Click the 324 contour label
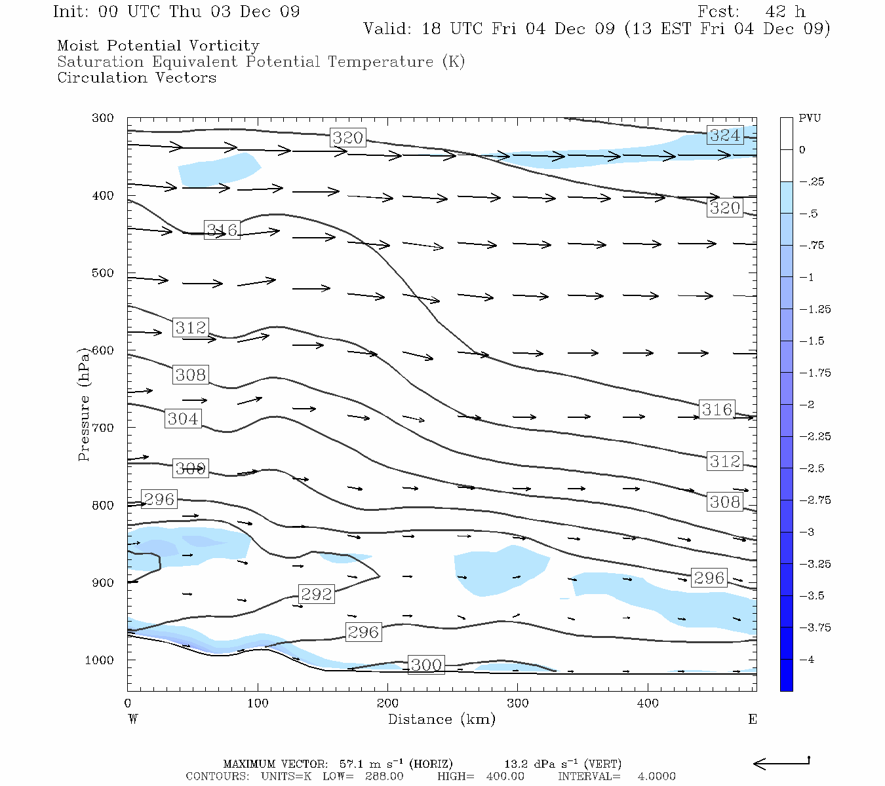point(724,136)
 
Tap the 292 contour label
point(317,594)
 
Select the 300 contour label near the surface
point(426,665)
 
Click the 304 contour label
point(183,419)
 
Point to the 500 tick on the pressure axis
point(103,273)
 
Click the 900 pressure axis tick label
point(103,583)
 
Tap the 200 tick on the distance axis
point(387,703)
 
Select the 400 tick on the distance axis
point(648,703)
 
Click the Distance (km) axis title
point(441,719)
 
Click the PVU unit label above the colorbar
point(810,119)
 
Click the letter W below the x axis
point(133,719)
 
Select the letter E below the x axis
point(753,719)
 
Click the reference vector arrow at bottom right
point(781,763)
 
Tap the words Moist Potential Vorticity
point(158,46)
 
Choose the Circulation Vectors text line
point(136,78)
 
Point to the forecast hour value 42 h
point(785,12)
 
